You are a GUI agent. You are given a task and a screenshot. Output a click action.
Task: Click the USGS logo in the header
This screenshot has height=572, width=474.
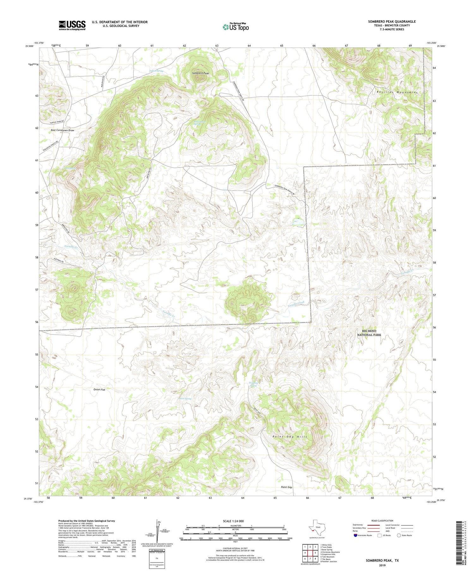coord(72,25)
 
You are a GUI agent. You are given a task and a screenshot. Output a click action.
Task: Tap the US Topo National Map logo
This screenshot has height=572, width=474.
coord(236,27)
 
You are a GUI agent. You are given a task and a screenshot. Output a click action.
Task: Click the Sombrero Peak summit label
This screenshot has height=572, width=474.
coord(201,73)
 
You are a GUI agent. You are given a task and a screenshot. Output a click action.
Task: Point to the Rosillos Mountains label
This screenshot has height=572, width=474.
coord(397,92)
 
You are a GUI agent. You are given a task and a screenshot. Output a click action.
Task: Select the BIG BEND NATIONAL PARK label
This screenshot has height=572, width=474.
coord(369,333)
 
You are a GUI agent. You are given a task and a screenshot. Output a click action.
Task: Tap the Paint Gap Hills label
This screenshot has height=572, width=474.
coord(290,437)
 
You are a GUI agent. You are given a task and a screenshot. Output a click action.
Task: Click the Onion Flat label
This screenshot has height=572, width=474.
coord(99,390)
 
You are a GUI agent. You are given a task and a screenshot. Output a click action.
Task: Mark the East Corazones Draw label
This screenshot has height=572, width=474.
coord(63,130)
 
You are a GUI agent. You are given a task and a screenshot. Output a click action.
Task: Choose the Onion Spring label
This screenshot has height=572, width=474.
coord(185,399)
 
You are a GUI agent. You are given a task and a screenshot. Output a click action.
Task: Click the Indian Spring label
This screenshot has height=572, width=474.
coord(156,71)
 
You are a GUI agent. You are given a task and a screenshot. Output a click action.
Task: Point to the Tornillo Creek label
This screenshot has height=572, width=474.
coord(296,304)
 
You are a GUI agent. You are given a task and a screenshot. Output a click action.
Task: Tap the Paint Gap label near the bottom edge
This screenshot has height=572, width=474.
coord(287,487)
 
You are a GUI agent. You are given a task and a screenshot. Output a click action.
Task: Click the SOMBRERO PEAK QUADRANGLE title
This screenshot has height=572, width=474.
coord(392,21)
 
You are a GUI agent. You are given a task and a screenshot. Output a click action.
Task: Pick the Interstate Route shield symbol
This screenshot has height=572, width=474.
coord(355,535)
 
